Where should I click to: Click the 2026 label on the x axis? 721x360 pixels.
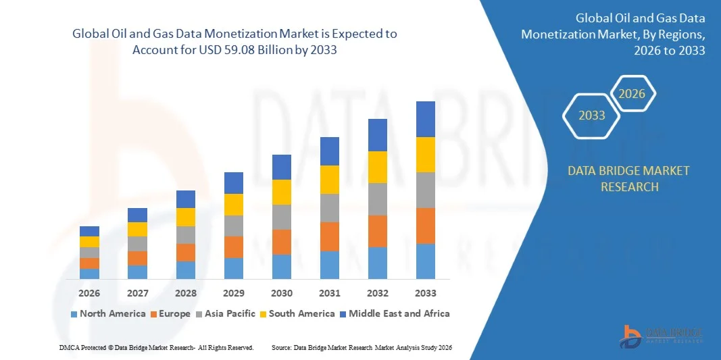pos(89,293)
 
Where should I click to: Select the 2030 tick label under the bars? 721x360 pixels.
pos(282,293)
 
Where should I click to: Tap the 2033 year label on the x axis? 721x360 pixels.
pos(426,293)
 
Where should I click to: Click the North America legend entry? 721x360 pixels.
pos(107,313)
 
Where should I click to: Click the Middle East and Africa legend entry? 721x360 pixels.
pos(394,313)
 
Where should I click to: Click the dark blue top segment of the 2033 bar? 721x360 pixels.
pos(426,119)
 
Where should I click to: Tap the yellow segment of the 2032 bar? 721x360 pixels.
pos(378,167)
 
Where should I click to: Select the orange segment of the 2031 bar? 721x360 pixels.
pos(330,236)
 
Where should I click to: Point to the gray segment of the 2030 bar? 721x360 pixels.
pos(282,217)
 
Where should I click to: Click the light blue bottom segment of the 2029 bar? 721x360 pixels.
pos(234,268)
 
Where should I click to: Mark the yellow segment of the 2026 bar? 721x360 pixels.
pos(89,242)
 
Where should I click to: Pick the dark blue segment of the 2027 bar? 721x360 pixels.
pos(137,215)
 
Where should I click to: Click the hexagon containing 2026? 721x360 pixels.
pos(632,94)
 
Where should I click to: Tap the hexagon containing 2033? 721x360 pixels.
pos(592,115)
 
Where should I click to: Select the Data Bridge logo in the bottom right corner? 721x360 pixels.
pos(662,335)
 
